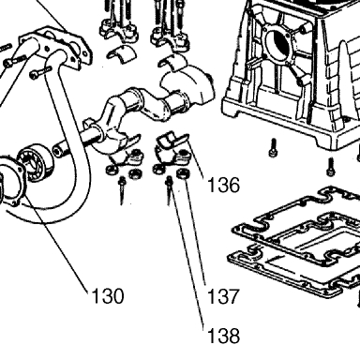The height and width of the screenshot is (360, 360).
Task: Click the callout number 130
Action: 108,296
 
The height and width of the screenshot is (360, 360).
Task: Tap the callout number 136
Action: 224,185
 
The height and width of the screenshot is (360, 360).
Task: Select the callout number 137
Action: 223,296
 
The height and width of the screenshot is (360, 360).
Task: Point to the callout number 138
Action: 224,336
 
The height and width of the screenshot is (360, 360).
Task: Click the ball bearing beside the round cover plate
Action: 34,162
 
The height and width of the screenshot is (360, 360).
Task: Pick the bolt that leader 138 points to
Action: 169,191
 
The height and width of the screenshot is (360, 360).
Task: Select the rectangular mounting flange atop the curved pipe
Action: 56,46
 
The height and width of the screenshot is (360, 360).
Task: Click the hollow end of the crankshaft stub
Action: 56,152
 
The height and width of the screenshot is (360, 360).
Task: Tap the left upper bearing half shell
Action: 122,52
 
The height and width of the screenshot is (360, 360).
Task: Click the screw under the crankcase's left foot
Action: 273,147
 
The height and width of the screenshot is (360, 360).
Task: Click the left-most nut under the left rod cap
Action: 112,171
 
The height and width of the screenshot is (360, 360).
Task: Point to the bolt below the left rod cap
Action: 122,190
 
